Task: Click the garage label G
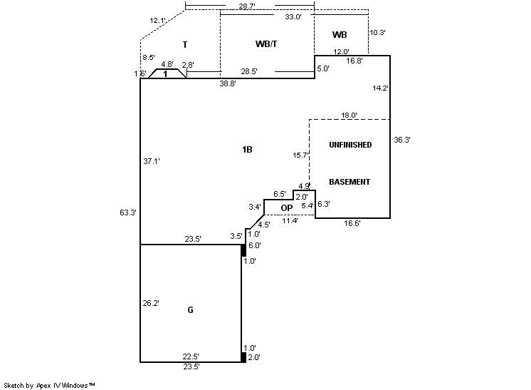coord(190,310)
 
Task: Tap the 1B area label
coord(247,150)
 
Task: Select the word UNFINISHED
coord(349,145)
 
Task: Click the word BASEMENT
coord(349,182)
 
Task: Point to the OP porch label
coord(287,207)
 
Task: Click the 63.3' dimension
coord(129,212)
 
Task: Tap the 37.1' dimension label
coord(152,161)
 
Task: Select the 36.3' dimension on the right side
coord(402,140)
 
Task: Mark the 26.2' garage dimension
coord(152,302)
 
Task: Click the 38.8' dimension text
coord(228,83)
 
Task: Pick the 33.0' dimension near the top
coord(293,16)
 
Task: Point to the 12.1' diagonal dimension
coord(158,20)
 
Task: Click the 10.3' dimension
coord(377,32)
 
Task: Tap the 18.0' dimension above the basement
coord(349,115)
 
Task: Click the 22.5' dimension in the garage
coord(191,356)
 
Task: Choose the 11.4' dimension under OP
coord(290,220)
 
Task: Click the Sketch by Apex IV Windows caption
coord(50,385)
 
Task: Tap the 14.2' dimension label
coord(381,88)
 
